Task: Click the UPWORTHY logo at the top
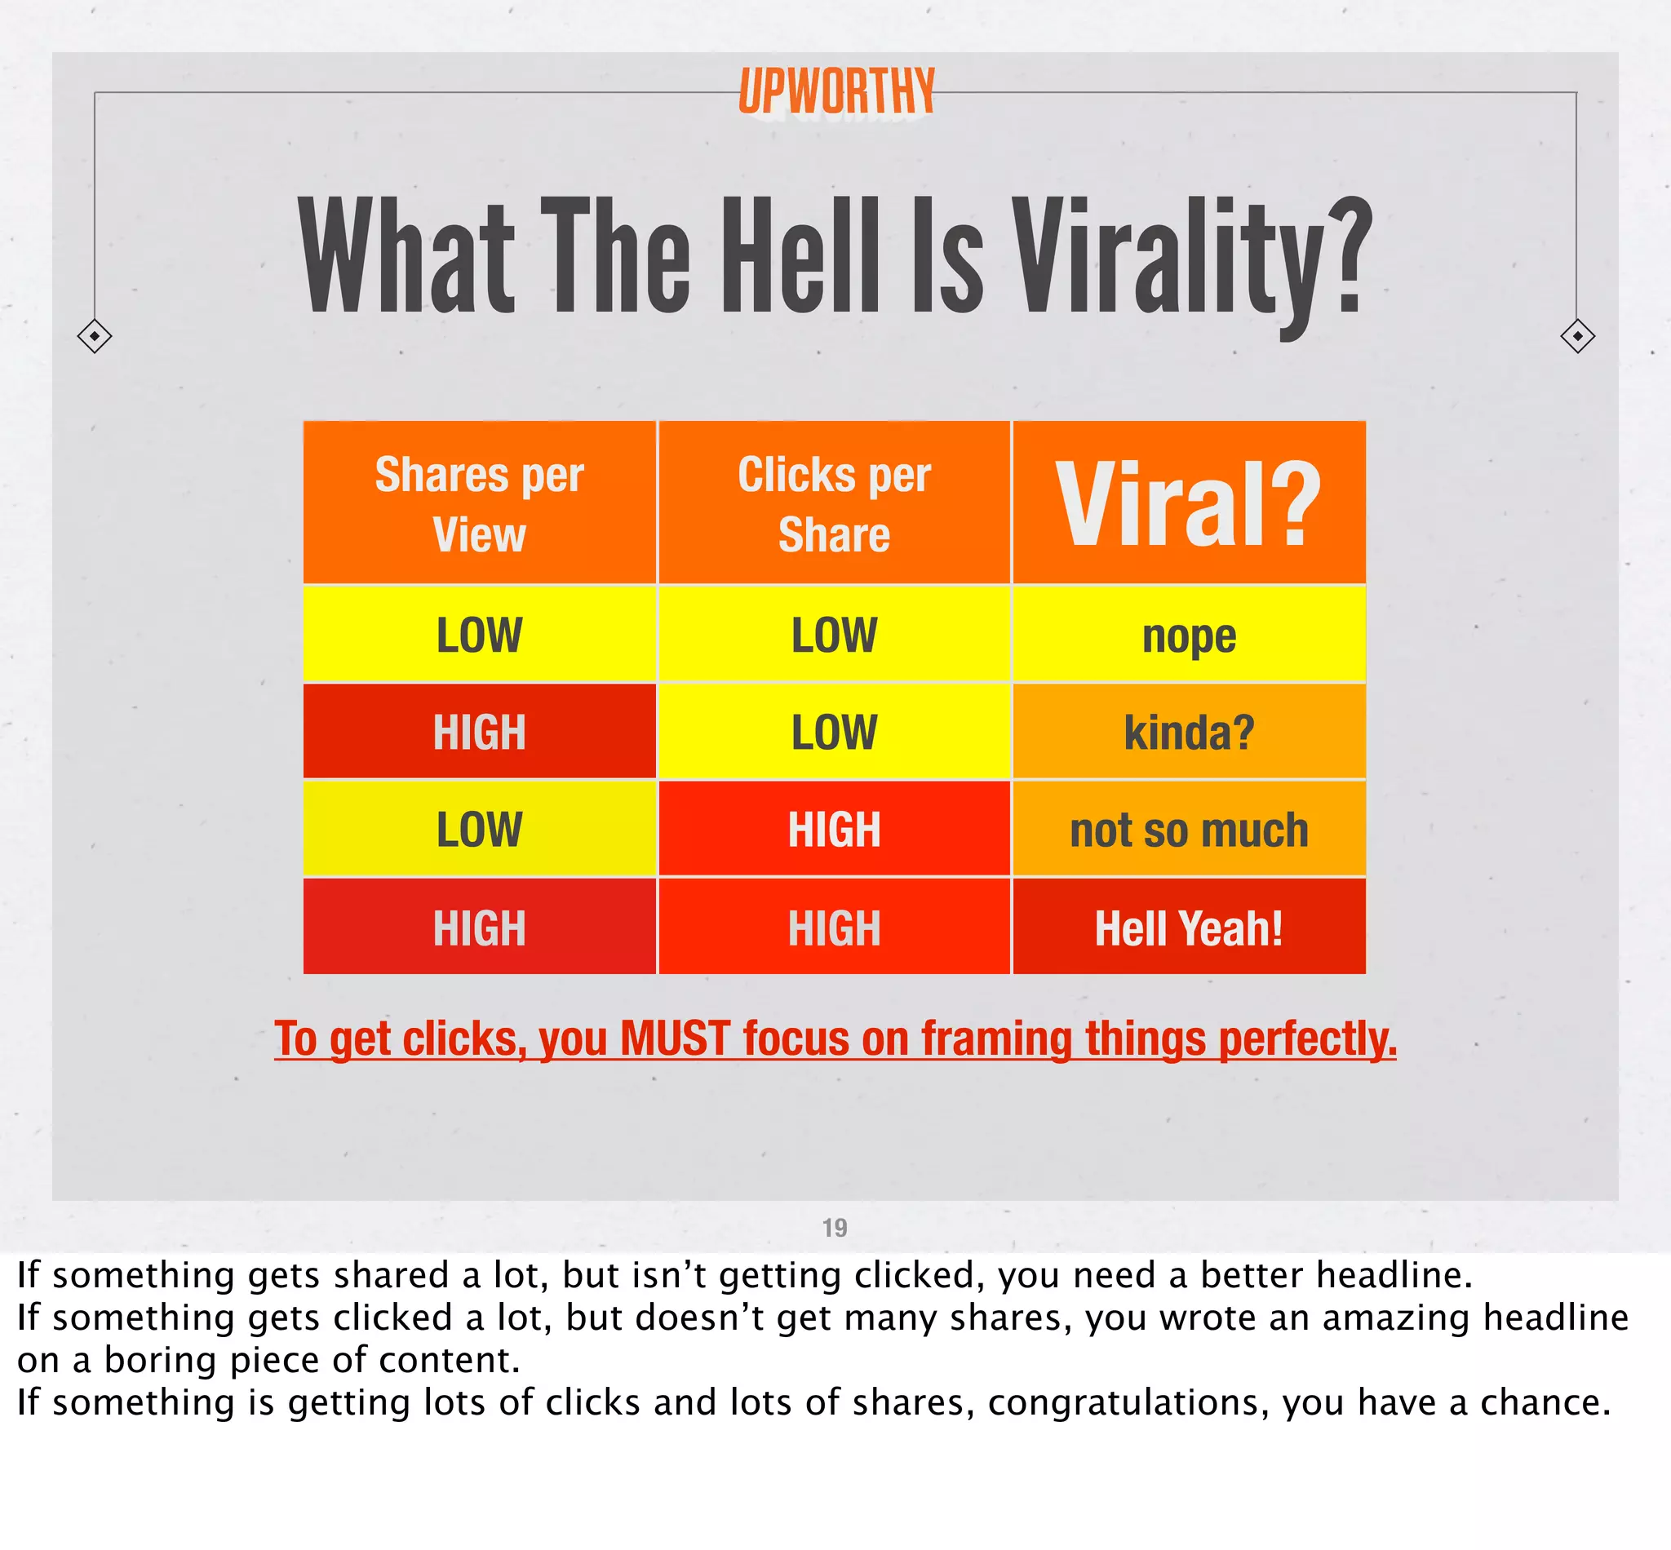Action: coord(836,91)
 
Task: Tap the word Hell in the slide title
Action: coord(801,256)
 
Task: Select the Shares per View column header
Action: coord(479,503)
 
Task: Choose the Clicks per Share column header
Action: coord(834,503)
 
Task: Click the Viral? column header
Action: coord(1189,503)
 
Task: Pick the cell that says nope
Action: coord(1189,635)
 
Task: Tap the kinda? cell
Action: coord(1189,733)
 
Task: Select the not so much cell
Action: coord(1189,830)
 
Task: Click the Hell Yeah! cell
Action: coord(1189,928)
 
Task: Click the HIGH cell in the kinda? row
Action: coord(479,733)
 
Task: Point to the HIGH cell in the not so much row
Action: coord(834,830)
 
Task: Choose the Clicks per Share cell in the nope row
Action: coord(834,635)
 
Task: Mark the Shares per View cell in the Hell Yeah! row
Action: coord(479,928)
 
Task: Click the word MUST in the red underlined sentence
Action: coord(675,1038)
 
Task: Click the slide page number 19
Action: coord(835,1228)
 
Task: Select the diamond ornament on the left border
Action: coord(94,335)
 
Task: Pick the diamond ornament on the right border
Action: coord(1577,335)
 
